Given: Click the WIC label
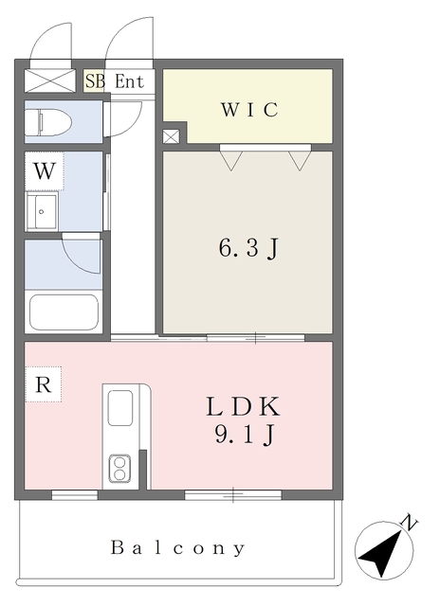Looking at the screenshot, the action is tap(249, 110).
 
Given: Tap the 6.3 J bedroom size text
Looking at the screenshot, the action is tap(248, 248).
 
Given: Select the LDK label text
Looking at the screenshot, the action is tap(243, 407).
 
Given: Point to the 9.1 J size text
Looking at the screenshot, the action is tap(245, 435).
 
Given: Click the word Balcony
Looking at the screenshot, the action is tap(178, 548).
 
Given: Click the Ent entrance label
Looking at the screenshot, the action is tap(129, 81).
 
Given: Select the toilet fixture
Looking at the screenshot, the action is tap(48, 122).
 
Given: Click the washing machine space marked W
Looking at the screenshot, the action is tap(45, 170).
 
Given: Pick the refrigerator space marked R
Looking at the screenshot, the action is tap(44, 384).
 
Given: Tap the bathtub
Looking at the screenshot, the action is tap(64, 312).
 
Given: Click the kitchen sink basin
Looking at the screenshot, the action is tap(120, 408).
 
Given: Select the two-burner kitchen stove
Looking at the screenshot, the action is tap(119, 469).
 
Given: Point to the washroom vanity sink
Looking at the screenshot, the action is tap(42, 212).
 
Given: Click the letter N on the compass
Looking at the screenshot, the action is tap(410, 522).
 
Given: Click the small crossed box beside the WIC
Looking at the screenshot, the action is tap(171, 136).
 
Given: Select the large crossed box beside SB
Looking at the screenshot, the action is tap(50, 80).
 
